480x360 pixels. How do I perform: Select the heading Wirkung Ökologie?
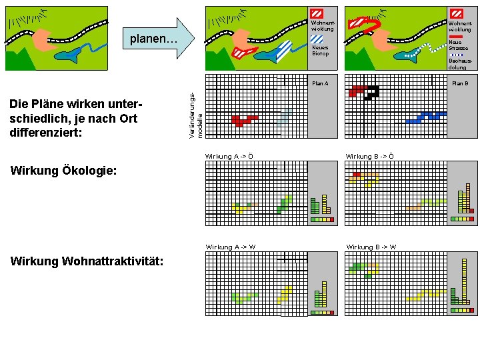point(64,171)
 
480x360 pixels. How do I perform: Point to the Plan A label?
point(320,83)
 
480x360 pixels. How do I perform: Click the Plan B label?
point(460,83)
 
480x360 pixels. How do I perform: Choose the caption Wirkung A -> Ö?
point(229,157)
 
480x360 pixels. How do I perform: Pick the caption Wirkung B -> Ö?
point(369,157)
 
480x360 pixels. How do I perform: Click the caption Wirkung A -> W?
point(230,247)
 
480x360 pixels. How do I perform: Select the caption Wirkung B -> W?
point(371,247)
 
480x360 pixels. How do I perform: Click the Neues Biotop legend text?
point(320,51)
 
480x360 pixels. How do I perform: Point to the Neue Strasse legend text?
point(459,45)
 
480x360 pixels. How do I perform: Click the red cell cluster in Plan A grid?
point(243,120)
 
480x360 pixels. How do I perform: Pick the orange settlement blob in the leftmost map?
point(41,40)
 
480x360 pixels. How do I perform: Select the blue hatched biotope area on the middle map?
point(283,51)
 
